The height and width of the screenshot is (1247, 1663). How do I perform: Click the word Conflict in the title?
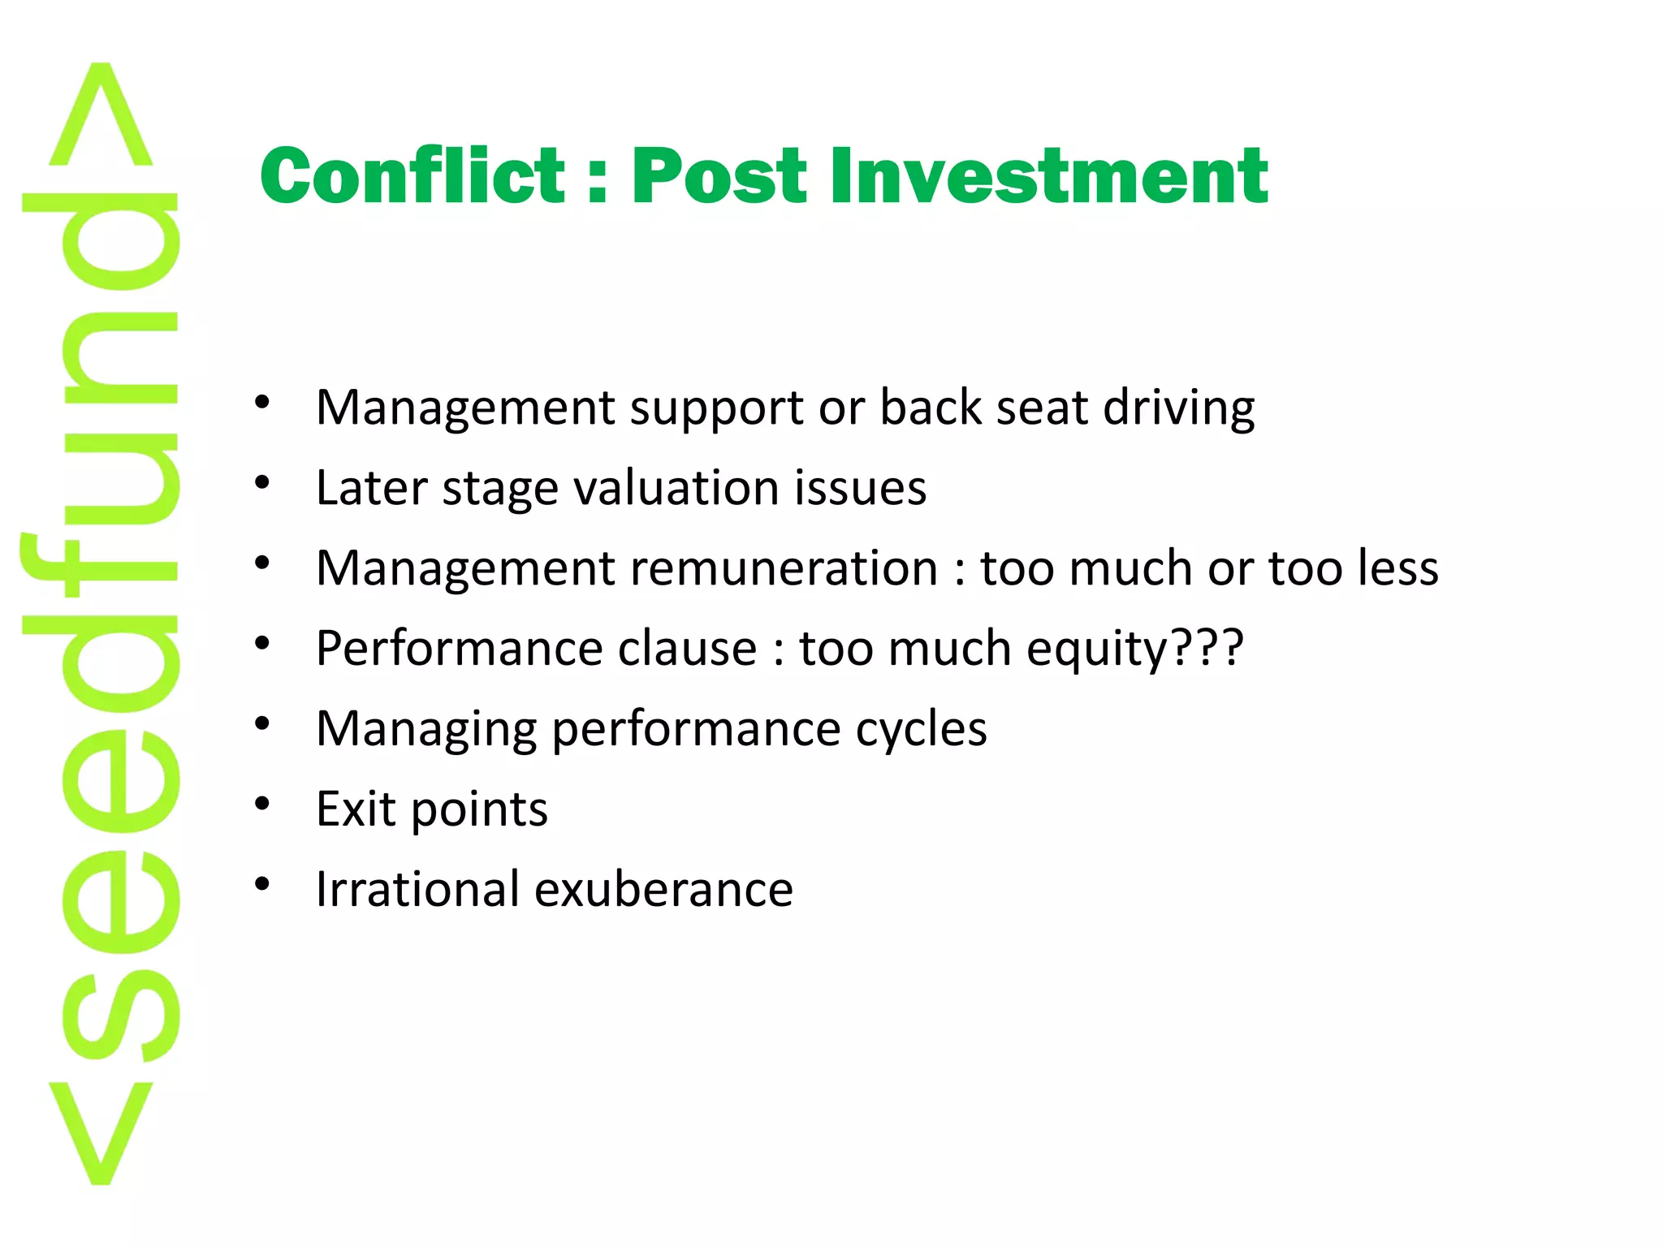(x=412, y=176)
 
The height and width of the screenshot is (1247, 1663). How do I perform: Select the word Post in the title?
(x=719, y=176)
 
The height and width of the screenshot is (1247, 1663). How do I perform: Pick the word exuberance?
(x=663, y=889)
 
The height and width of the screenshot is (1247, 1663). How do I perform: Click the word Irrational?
(x=417, y=889)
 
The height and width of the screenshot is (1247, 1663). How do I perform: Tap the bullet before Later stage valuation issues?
(x=261, y=483)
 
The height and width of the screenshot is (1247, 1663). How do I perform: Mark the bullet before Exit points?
(x=261, y=804)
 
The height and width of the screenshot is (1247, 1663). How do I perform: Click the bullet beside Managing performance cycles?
(x=261, y=723)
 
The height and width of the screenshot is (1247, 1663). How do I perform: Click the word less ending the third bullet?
(x=1394, y=567)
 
